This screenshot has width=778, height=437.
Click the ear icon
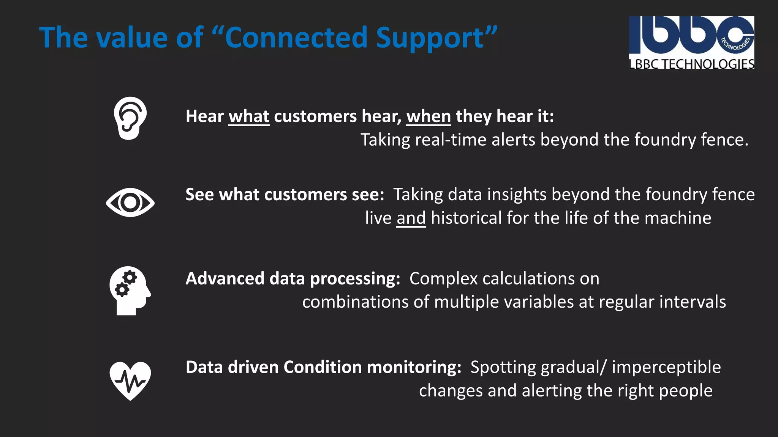[x=130, y=118]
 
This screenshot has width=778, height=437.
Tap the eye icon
[x=130, y=203]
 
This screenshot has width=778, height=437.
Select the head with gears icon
[x=130, y=291]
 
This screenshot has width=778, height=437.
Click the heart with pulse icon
[x=130, y=380]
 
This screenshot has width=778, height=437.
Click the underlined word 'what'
[x=249, y=116]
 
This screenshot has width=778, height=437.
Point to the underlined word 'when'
[x=429, y=116]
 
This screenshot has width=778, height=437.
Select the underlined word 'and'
[x=411, y=218]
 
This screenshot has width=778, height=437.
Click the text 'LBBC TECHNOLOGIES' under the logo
[x=691, y=64]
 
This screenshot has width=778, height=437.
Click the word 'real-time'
[x=451, y=140]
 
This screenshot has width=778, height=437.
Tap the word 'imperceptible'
[x=666, y=367]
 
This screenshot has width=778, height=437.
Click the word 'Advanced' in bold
[x=225, y=279]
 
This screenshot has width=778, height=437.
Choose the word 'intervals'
[x=693, y=302]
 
